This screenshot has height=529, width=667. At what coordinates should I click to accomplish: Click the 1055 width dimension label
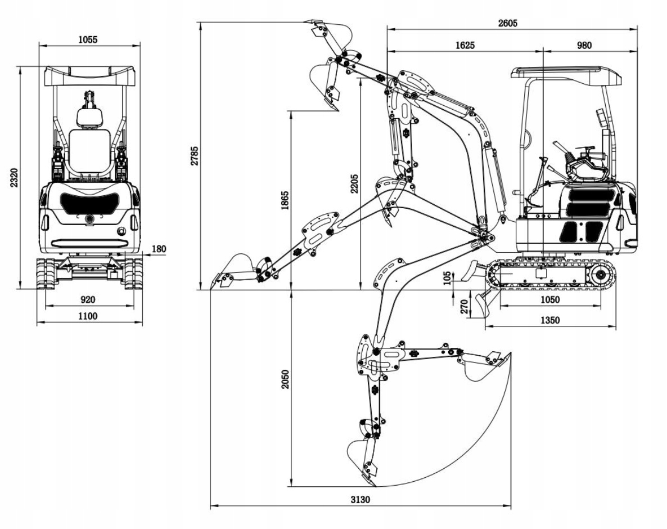point(88,39)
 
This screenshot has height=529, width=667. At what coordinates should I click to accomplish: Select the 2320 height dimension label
point(15,177)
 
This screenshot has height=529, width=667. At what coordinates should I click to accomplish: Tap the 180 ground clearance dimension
point(159,249)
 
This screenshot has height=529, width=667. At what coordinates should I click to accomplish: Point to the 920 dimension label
point(88,299)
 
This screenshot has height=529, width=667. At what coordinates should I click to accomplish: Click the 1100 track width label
point(88,316)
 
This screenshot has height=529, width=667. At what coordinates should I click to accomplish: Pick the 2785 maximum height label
point(194,156)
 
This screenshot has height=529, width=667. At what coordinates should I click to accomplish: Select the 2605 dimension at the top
point(508,23)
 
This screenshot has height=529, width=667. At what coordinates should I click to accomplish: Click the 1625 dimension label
point(465,45)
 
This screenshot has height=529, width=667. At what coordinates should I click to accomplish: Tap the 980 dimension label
point(584,45)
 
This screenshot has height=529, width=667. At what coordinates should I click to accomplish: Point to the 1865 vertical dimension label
point(285,200)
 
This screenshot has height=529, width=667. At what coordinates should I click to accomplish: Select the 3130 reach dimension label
point(360,499)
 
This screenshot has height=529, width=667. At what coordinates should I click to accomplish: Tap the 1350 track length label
point(550,320)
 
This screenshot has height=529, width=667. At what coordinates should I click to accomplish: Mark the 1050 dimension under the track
point(550,299)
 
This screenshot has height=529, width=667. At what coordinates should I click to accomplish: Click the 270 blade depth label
point(464,306)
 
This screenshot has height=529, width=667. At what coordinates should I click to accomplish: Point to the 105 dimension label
point(447,279)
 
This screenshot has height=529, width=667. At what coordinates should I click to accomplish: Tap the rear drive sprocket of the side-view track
point(600,276)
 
